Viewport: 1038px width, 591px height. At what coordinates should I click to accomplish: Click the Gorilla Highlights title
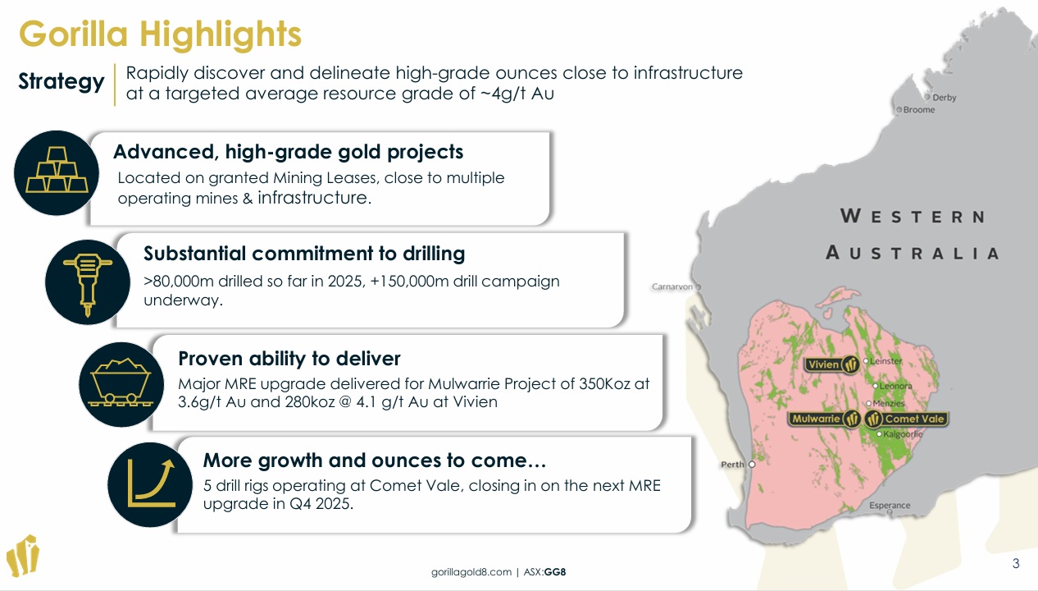[160, 34]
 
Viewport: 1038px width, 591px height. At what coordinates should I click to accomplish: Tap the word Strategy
[61, 81]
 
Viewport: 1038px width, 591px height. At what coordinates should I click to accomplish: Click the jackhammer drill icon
[88, 282]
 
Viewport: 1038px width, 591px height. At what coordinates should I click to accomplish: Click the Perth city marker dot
[752, 465]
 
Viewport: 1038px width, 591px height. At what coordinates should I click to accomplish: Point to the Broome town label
[919, 110]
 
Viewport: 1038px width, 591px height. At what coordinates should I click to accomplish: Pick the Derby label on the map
[945, 98]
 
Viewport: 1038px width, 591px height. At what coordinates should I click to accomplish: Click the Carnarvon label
[672, 286]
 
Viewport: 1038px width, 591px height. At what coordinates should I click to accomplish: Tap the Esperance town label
[890, 505]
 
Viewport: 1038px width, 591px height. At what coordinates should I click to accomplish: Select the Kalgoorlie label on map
[903, 434]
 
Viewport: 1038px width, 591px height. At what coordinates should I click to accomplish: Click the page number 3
[1016, 563]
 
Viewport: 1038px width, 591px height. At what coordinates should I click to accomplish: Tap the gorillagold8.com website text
[471, 572]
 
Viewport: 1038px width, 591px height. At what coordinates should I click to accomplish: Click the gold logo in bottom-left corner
[23, 556]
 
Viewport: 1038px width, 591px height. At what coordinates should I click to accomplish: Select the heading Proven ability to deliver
[289, 359]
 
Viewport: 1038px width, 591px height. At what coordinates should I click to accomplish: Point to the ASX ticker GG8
[555, 572]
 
